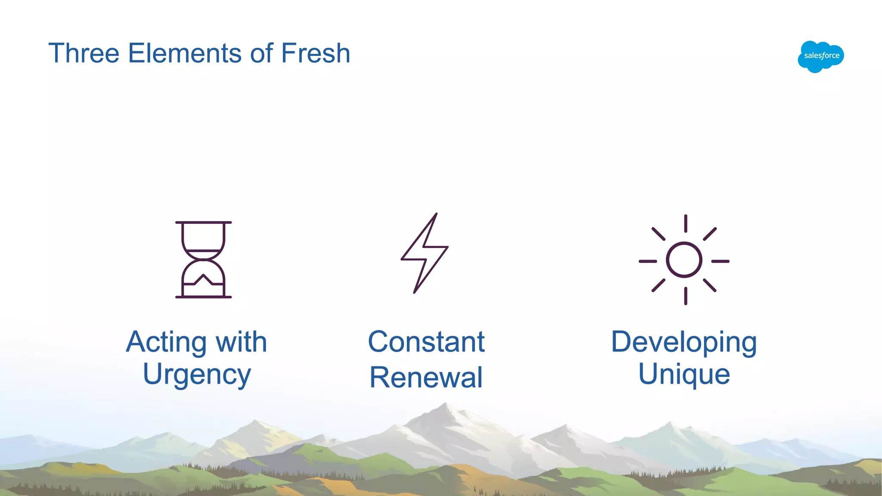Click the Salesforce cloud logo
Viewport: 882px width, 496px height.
[820, 56]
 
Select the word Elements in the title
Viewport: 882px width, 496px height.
[185, 53]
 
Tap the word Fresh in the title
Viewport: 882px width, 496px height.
[315, 53]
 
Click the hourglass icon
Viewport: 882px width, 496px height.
[203, 260]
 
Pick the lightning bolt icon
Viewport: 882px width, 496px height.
[425, 253]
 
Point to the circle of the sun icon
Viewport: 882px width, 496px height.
[684, 260]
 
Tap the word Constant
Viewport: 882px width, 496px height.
[426, 342]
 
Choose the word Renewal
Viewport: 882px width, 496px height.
[426, 378]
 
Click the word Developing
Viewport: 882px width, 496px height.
[684, 343]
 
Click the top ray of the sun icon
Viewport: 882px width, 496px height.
[685, 224]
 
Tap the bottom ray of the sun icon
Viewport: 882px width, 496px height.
[685, 296]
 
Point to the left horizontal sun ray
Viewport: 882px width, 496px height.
[647, 261]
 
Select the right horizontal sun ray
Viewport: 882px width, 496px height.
[720, 261]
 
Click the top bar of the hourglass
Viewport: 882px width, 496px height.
[203, 223]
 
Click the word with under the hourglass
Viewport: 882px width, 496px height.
[241, 342]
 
